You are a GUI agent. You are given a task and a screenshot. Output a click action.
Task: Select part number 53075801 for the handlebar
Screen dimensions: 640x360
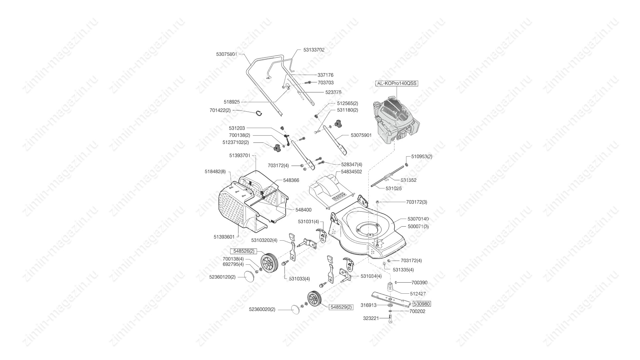[x=226, y=54]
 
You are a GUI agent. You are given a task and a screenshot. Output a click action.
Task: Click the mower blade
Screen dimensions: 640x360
[x=391, y=299]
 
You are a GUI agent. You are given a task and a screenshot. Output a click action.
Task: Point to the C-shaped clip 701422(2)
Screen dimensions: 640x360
[x=259, y=113]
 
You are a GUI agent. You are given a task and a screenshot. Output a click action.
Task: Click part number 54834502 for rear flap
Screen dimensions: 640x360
[x=351, y=171]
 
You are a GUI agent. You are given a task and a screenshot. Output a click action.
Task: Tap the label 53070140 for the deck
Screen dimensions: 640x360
[x=418, y=219]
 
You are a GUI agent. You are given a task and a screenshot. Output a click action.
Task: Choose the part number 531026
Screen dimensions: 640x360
[x=394, y=188]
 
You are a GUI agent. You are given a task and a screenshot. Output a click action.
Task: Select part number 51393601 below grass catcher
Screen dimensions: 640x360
[x=224, y=237]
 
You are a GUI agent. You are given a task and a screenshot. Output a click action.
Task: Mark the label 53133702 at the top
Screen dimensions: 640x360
[x=314, y=50]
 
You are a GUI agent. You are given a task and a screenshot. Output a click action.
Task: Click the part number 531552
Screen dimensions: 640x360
[x=409, y=180]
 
